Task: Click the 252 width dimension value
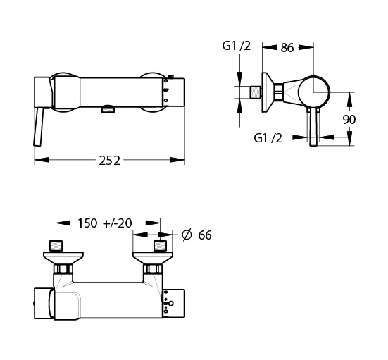click(109, 161)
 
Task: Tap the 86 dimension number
click(287, 48)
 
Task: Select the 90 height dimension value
click(349, 120)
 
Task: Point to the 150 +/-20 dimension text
click(105, 223)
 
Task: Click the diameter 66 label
click(196, 235)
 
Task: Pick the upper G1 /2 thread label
click(237, 46)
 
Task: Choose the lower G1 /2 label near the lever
click(268, 138)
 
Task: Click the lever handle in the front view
click(39, 127)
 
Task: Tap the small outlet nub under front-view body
click(108, 109)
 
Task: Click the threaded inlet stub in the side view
click(256, 92)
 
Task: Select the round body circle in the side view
click(314, 92)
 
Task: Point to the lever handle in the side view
click(313, 127)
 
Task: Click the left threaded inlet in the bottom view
click(56, 246)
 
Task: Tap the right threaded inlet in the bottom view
click(161, 246)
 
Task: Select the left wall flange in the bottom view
click(63, 259)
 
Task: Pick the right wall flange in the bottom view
click(153, 259)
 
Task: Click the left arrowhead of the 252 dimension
click(42, 160)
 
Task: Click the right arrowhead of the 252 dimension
click(177, 160)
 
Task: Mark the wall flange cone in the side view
click(268, 92)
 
